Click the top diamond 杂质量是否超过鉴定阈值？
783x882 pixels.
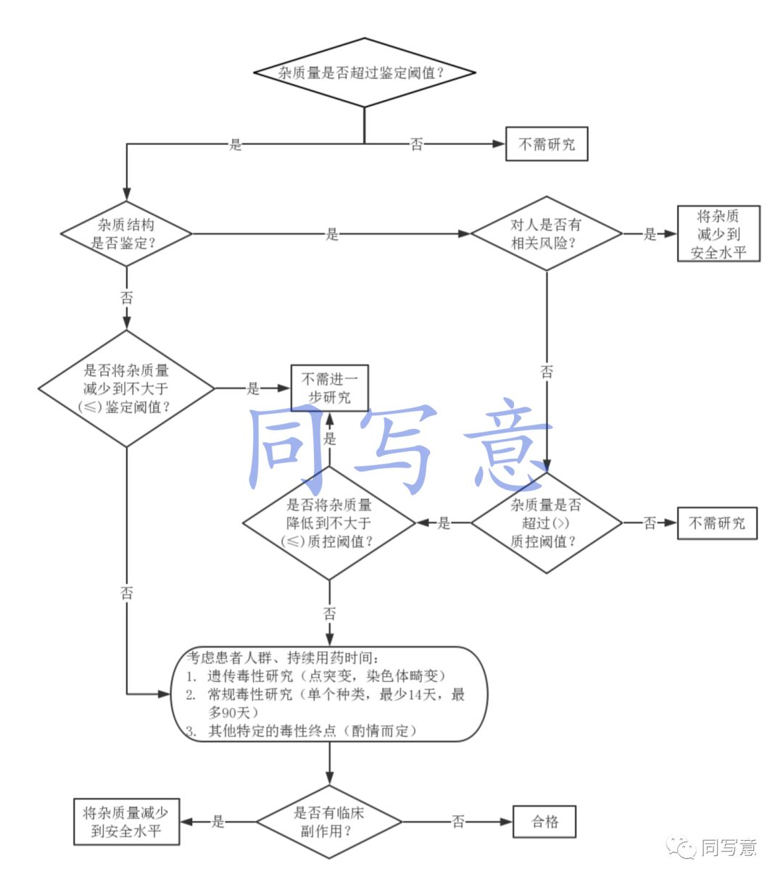pyautogui.click(x=364, y=72)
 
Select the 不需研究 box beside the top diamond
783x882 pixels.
pyautogui.click(x=547, y=144)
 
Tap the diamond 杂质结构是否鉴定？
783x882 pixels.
pyautogui.click(x=126, y=233)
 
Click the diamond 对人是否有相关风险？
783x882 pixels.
pyautogui.click(x=546, y=233)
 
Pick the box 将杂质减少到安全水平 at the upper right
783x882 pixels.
pyautogui.click(x=718, y=233)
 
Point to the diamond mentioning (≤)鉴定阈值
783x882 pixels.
pyautogui.click(x=126, y=388)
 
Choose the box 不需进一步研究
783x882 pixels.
pyautogui.click(x=329, y=388)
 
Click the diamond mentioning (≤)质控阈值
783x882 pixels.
pyautogui.click(x=329, y=523)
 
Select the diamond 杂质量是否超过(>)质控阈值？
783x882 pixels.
pyautogui.click(x=546, y=523)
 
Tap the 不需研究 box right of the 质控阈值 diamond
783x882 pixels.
pyautogui.click(x=716, y=523)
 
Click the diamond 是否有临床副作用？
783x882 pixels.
pyautogui.click(x=329, y=822)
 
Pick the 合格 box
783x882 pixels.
pyautogui.click(x=545, y=822)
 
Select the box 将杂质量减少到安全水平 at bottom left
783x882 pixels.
pyautogui.click(x=126, y=822)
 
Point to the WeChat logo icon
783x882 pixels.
pyautogui.click(x=682, y=847)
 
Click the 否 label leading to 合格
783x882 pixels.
pyautogui.click(x=458, y=822)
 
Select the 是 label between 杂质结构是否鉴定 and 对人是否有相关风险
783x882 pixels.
pyautogui.click(x=332, y=234)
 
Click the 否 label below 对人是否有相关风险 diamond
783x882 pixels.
pyautogui.click(x=547, y=372)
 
